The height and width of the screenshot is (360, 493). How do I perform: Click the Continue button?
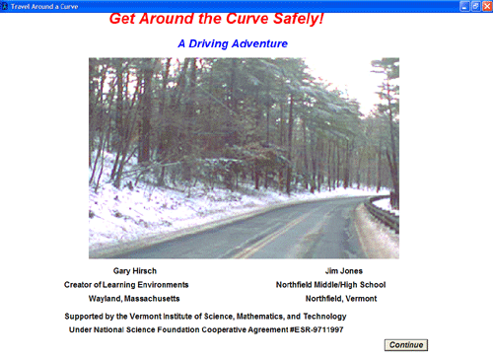tap(406, 345)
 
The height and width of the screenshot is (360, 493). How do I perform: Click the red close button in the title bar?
tap(487, 6)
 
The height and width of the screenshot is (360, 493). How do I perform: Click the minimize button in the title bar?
tap(464, 6)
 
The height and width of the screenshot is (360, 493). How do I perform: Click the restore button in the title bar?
tap(475, 6)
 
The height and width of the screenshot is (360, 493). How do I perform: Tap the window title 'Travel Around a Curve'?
tap(44, 6)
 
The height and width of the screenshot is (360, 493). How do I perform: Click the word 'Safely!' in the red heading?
tap(299, 19)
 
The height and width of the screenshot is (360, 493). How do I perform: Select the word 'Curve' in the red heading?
tap(247, 19)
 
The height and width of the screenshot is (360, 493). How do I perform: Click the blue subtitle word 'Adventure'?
tap(259, 43)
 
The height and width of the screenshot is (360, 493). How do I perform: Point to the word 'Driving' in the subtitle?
tap(208, 43)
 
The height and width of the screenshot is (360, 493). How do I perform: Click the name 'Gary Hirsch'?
tap(135, 271)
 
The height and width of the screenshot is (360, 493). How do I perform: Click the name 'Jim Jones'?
tap(344, 271)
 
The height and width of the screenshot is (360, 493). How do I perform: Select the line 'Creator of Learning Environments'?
tap(126, 285)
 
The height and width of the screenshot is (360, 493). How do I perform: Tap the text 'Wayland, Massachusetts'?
tap(134, 299)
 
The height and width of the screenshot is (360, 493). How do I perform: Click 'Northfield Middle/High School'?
tap(330, 285)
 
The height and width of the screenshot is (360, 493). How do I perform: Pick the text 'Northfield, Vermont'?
tap(341, 299)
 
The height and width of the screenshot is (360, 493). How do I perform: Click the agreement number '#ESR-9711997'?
tap(317, 329)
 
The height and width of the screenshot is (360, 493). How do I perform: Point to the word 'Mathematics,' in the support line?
tap(260, 317)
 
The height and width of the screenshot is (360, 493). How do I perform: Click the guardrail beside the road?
tap(383, 212)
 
